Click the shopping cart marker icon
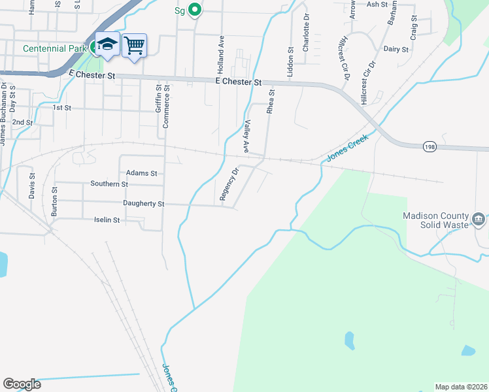coord(134,45)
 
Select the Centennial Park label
coord(54,48)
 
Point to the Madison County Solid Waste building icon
coord(479,218)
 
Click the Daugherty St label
coord(143,204)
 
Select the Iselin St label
coord(107,220)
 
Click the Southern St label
coord(109,184)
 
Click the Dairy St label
coord(396,49)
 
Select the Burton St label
coord(54,202)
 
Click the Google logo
coord(22,384)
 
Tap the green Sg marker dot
coord(194,10)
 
